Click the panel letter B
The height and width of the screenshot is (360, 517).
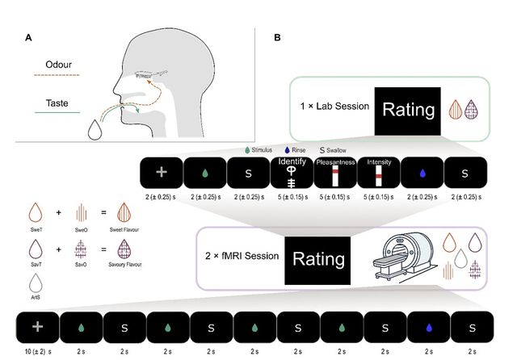click(278, 37)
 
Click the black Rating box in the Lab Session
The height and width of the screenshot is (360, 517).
click(406, 107)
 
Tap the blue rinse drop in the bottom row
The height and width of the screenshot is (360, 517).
click(430, 330)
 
